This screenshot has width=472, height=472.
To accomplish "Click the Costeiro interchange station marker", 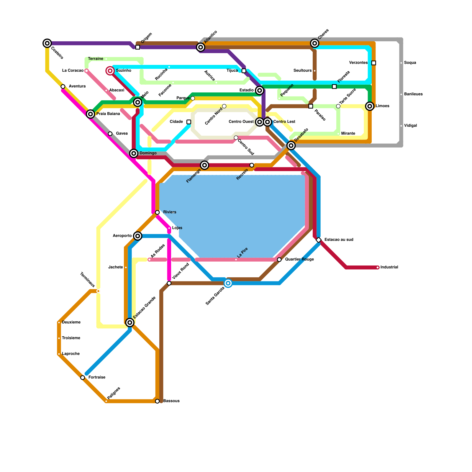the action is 47,43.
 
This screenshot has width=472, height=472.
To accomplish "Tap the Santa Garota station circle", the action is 228,283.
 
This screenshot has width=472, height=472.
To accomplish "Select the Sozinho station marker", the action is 110,71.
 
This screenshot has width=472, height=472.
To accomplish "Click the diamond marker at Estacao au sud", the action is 319,240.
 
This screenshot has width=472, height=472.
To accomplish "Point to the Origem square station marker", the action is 137,47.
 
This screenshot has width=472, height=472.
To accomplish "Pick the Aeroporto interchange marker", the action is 137,236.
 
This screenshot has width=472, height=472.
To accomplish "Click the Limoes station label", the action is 383,106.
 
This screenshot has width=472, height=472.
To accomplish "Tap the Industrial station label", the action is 389,267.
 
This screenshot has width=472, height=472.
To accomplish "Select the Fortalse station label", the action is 97,378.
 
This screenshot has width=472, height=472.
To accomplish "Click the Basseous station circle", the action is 157,401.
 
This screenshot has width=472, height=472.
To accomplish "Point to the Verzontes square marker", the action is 374,63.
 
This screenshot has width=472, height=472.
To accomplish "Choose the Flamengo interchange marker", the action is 204,165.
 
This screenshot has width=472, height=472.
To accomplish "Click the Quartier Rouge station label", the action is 299,260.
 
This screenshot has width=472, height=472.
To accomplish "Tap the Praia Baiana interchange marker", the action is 91,114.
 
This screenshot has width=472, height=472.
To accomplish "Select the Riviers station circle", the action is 157,212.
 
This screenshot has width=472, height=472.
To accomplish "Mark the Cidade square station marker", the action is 189,122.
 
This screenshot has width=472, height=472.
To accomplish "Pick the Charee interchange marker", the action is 315,43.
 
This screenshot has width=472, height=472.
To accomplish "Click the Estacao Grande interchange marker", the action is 130,322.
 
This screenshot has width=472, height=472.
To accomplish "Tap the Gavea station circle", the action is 110,134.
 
